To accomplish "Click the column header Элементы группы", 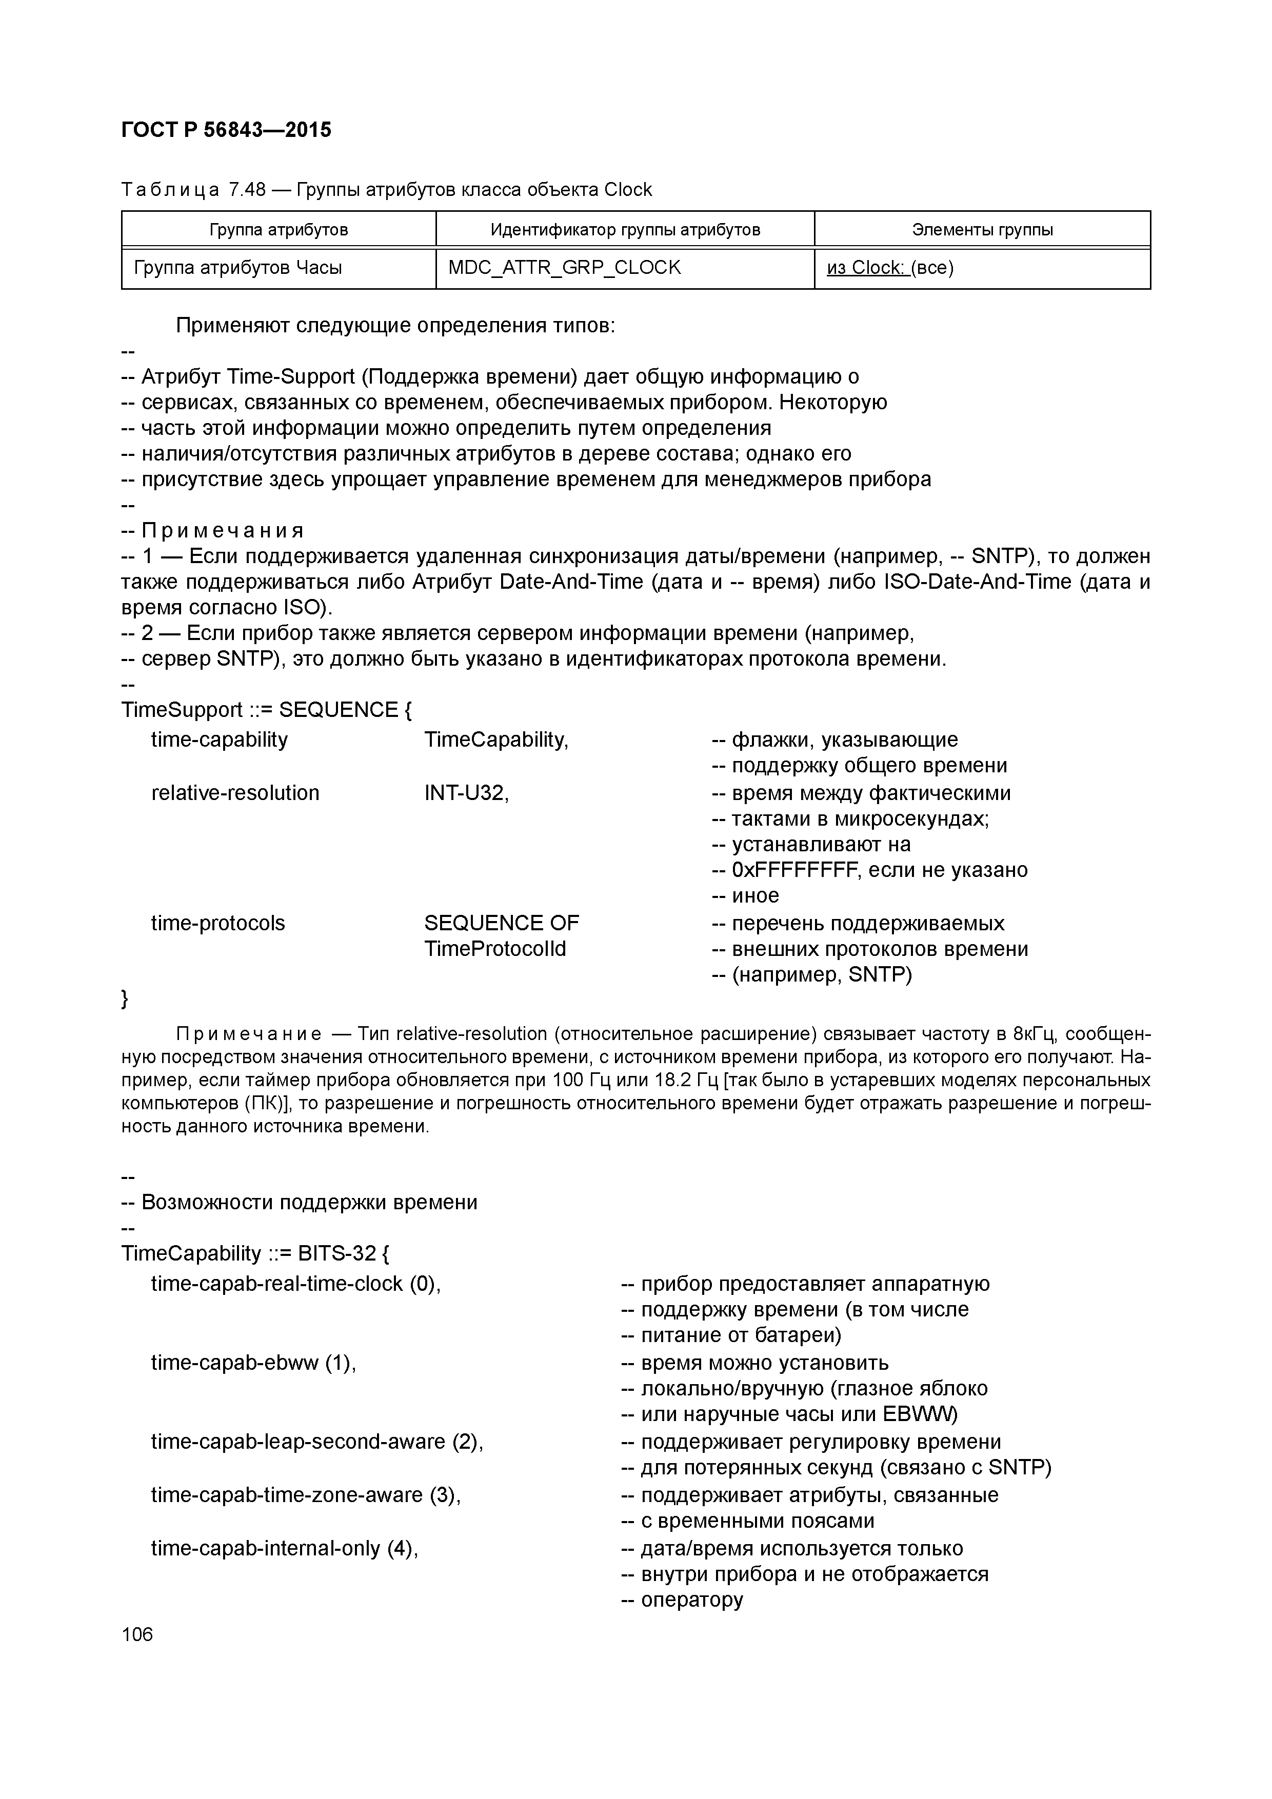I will click(x=982, y=230).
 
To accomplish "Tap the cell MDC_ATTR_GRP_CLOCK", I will click(x=564, y=268).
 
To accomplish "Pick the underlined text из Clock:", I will click(x=866, y=268).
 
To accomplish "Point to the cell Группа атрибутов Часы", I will click(x=239, y=268).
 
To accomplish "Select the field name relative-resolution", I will click(x=235, y=793).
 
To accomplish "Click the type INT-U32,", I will click(x=466, y=793).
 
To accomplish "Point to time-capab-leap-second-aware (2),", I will click(x=316, y=1442).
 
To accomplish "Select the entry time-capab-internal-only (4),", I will click(x=285, y=1548).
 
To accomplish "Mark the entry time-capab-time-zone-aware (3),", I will click(x=306, y=1495).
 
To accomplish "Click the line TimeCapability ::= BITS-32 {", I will click(x=255, y=1254).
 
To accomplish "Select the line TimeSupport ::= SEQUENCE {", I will click(x=267, y=710).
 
